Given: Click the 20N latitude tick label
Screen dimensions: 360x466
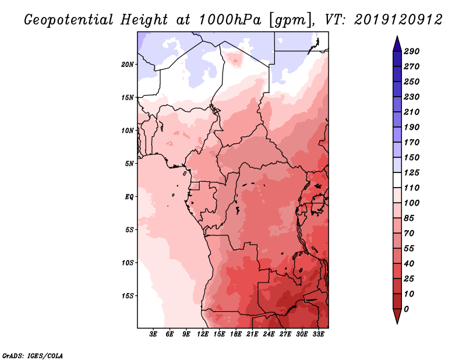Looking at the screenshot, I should pyautogui.click(x=128, y=64).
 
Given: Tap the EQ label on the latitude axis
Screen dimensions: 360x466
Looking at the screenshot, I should pyautogui.click(x=129, y=196).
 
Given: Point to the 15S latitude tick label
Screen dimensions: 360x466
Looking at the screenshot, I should pyautogui.click(x=128, y=295).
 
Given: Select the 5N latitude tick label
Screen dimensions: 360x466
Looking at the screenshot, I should pyautogui.click(x=129, y=163).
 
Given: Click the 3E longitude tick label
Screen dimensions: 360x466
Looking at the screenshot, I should pyautogui.click(x=154, y=334).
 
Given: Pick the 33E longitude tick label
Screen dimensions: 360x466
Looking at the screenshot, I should pyautogui.click(x=318, y=334).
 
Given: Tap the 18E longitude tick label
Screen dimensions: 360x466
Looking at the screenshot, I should pyautogui.click(x=236, y=334).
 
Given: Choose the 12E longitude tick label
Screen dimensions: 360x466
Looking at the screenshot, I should pyautogui.click(x=203, y=334).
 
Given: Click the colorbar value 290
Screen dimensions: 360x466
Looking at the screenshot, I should pyautogui.click(x=412, y=51).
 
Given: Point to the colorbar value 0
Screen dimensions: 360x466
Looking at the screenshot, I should pyautogui.click(x=406, y=309).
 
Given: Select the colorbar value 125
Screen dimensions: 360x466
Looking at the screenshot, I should pyautogui.click(x=412, y=172).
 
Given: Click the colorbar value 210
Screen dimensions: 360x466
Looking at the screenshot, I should pyautogui.click(x=412, y=112).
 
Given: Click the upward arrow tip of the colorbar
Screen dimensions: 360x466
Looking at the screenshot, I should pyautogui.click(x=396, y=38).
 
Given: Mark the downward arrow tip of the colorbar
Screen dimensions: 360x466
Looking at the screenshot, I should pyautogui.click(x=396, y=322).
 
